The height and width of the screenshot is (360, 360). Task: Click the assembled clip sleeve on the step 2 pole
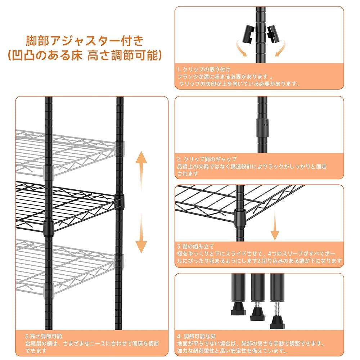262,127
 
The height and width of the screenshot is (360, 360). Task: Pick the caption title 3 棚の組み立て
195,247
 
